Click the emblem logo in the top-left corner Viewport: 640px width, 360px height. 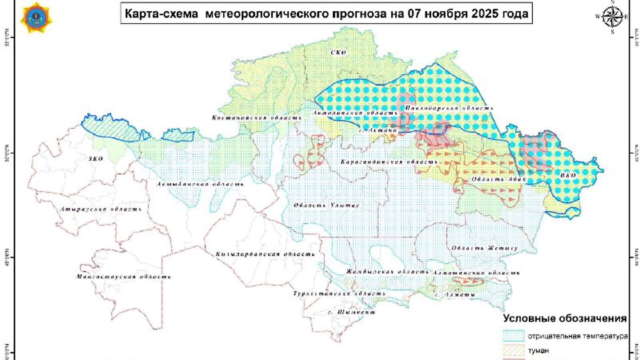pos(36,17)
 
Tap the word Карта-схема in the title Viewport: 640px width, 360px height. pos(161,14)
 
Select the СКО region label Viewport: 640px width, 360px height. pos(339,53)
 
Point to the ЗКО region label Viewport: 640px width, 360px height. pos(96,159)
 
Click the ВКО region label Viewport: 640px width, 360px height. pos(568,175)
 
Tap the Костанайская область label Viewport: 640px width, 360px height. pos(256,118)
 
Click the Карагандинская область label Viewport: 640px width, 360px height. pos(389,162)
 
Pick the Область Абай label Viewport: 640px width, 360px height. pos(498,179)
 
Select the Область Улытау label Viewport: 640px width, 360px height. pos(326,205)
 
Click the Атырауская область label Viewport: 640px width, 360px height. pos(101,209)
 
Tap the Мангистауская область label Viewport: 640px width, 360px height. pos(124,277)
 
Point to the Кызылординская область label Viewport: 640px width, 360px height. pos(265,254)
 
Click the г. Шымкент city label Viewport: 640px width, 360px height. pos(351,312)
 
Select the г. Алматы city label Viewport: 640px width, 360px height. pos(455,295)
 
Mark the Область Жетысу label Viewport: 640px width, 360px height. pos(485,248)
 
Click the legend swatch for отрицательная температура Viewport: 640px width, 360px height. pos(513,336)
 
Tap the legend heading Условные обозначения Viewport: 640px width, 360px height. pos(565,318)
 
